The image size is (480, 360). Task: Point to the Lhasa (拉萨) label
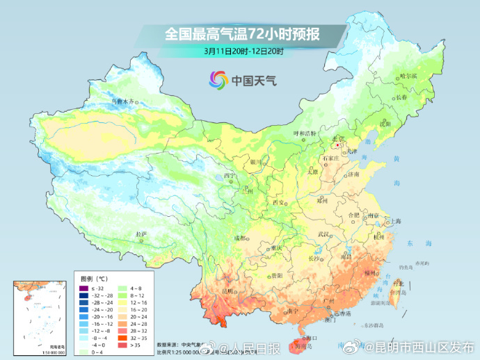(142, 234)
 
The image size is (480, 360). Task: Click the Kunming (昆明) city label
(227, 291)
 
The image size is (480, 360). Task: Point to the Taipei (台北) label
(399, 284)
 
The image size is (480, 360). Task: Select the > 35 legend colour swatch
(122, 344)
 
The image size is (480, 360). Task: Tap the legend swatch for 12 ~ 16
(122, 304)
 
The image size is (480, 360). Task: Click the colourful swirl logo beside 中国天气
(218, 80)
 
